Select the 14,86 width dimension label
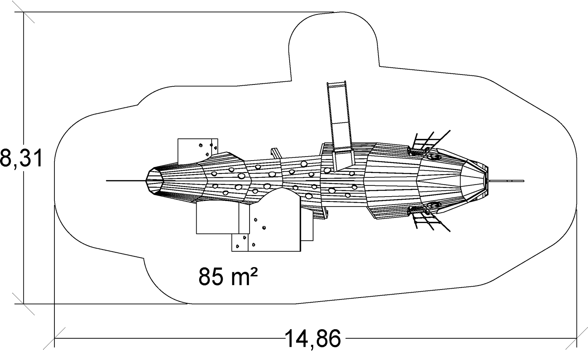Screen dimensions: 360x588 point(312,339)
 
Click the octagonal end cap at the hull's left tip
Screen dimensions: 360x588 point(155,181)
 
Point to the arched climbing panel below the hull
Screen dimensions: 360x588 point(274,220)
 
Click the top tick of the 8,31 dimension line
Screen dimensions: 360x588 point(24,12)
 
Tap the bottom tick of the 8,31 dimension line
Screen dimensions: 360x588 point(24,304)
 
